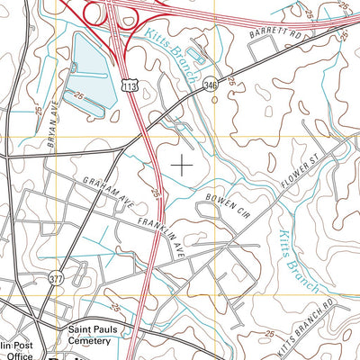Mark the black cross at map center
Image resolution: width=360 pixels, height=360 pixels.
click(x=182, y=165)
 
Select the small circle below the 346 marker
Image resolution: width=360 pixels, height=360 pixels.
click(x=214, y=100)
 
